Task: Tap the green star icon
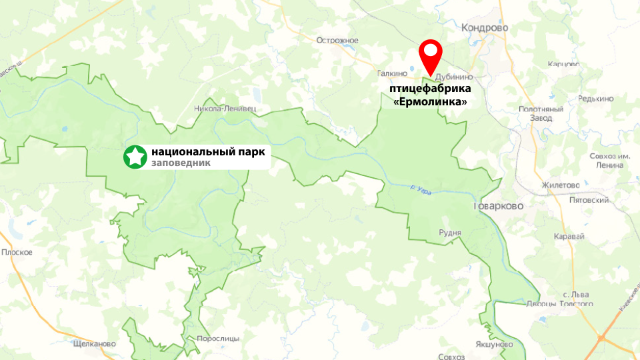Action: coord(135,157)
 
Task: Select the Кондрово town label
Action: coord(485,28)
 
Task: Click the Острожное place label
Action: coord(337,41)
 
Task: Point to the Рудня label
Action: coord(450,232)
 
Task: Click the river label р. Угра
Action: coord(421,191)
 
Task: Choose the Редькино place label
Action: coord(596,99)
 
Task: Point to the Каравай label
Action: coord(569,237)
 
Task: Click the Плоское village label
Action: coord(17,252)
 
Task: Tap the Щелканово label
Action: coord(93,344)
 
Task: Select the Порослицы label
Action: coord(218,339)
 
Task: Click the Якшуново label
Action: coord(495,344)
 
